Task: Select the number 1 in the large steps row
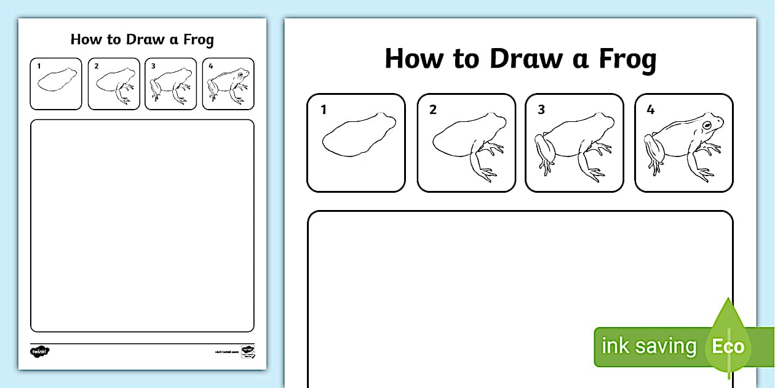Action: tap(322, 110)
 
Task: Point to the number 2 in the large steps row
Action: tap(432, 110)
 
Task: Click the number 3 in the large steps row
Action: tap(541, 110)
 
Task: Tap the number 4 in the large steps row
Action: tap(650, 110)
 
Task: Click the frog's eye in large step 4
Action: tap(707, 126)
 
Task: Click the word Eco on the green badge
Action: tap(728, 346)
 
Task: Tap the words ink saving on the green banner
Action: tap(648, 346)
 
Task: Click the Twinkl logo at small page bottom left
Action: tap(39, 351)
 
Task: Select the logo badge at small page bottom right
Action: tap(247, 351)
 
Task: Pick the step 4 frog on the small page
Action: tap(229, 85)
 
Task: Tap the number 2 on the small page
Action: tap(96, 66)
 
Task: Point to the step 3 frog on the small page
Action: tap(171, 85)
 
